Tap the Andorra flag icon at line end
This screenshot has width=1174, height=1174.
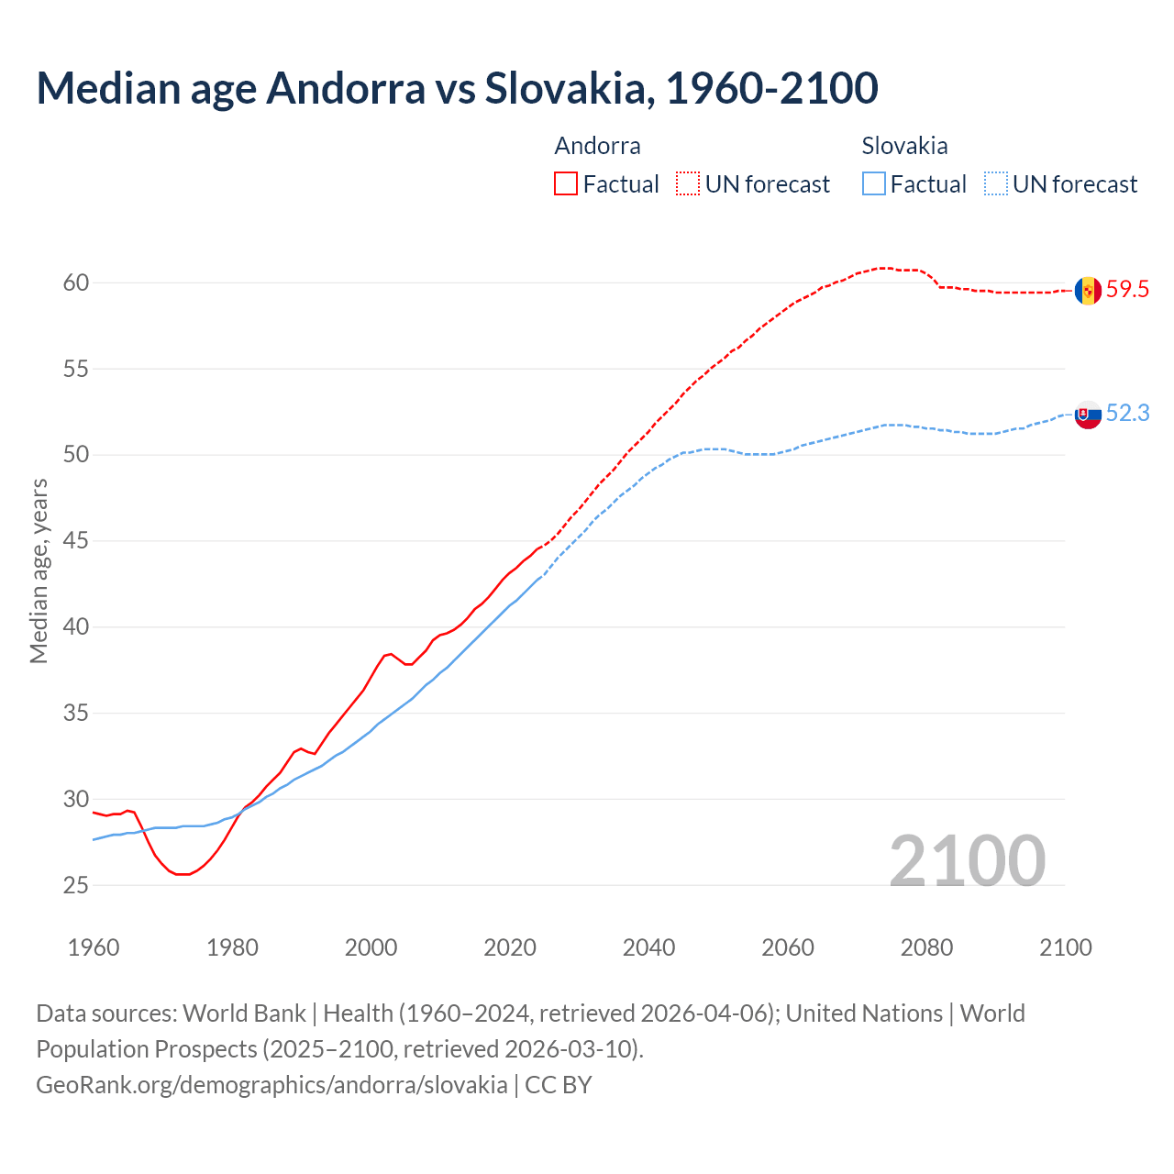click(x=1088, y=291)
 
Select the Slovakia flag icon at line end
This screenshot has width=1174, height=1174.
click(x=1088, y=415)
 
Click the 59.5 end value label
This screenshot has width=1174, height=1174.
click(x=1127, y=290)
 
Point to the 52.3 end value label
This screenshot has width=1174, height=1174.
click(x=1127, y=414)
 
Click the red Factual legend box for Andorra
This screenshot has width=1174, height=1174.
click(x=566, y=184)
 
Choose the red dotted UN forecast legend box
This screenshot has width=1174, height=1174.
click(x=688, y=184)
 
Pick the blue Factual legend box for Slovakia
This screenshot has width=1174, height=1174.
click(x=874, y=184)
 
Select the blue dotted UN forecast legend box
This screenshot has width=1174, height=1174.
click(x=995, y=184)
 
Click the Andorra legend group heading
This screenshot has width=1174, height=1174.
click(x=597, y=146)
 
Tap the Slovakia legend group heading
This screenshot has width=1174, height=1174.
click(x=904, y=146)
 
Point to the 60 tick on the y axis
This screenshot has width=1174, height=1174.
click(x=76, y=282)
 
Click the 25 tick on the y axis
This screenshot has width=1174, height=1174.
click(x=76, y=885)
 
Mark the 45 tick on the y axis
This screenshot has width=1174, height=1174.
click(x=76, y=541)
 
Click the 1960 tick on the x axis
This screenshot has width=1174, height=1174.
click(x=94, y=947)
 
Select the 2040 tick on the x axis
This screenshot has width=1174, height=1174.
click(x=648, y=947)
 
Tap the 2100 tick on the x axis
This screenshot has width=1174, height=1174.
click(x=1065, y=947)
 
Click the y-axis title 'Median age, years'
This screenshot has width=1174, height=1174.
click(x=39, y=570)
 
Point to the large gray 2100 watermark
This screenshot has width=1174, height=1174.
click(x=967, y=860)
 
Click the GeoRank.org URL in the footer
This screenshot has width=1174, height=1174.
click(x=271, y=1085)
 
